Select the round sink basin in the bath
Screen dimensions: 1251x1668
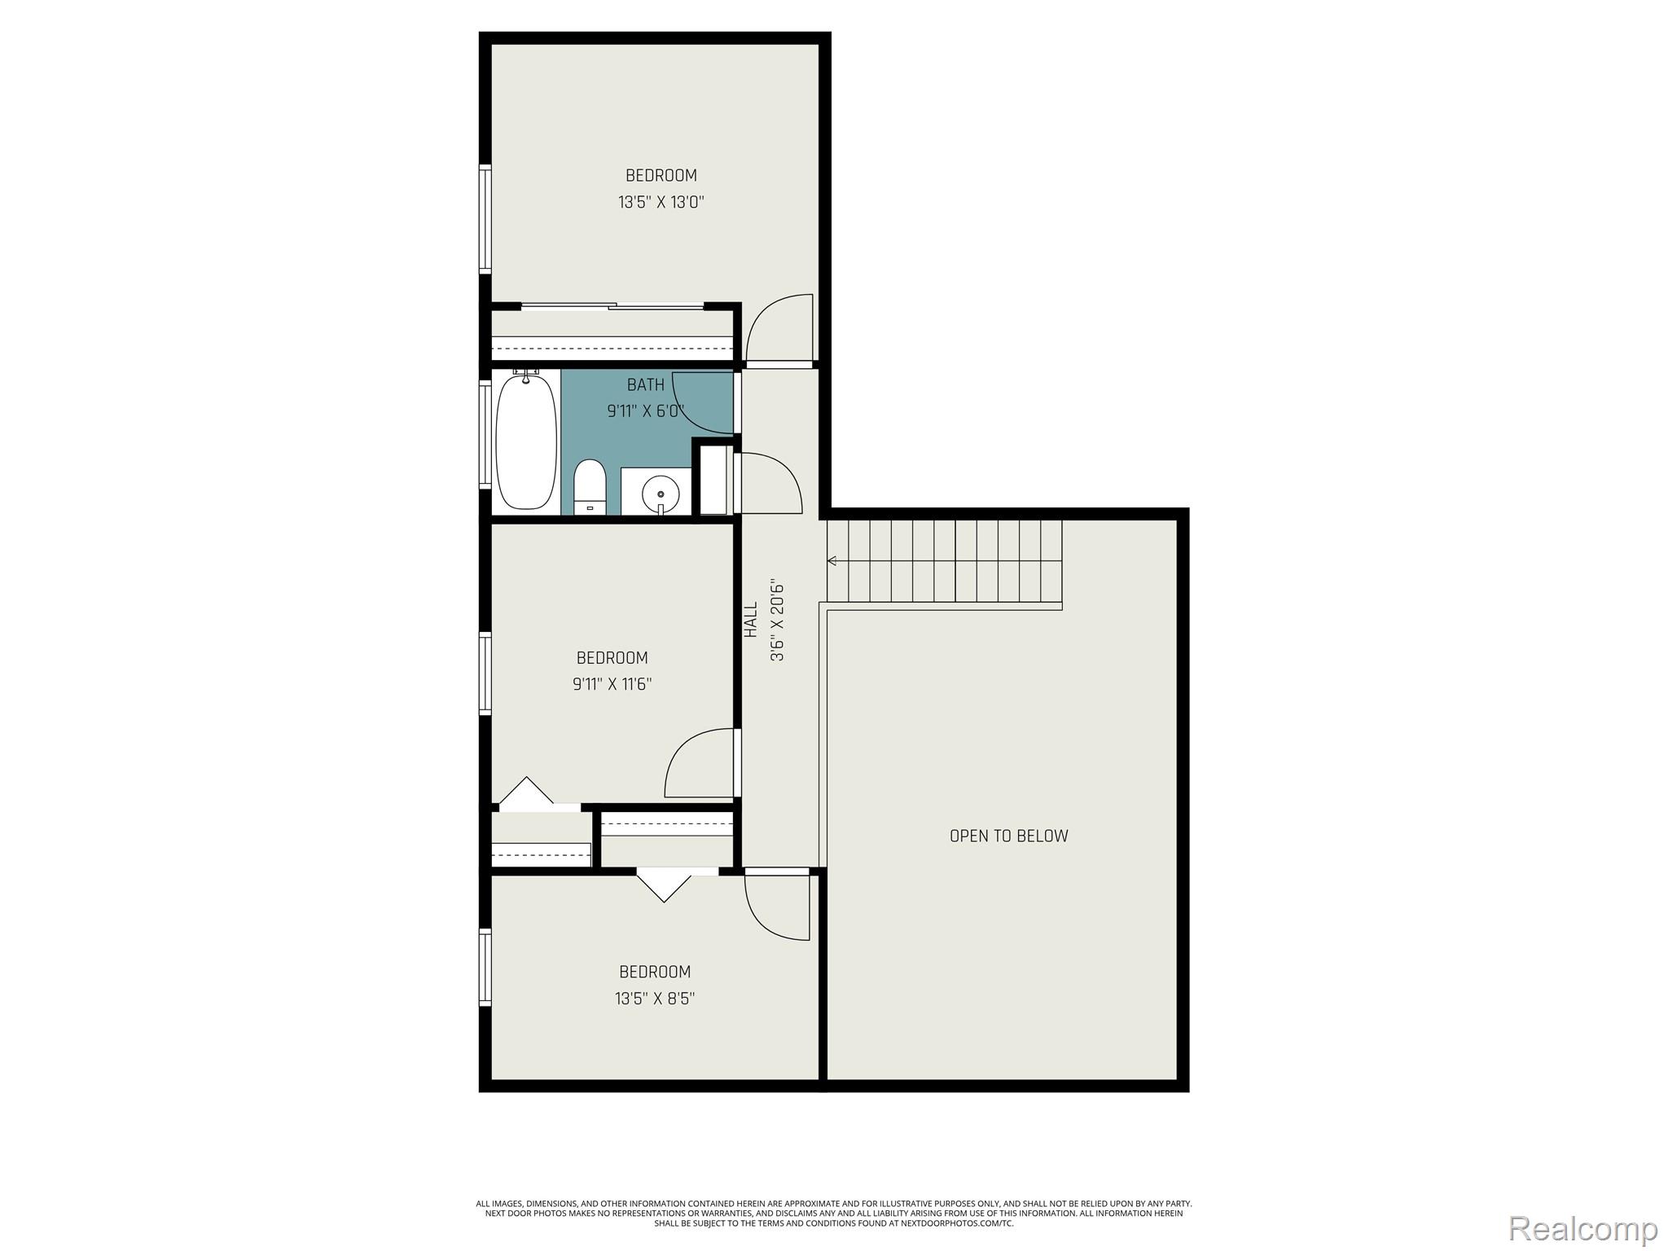click(x=659, y=492)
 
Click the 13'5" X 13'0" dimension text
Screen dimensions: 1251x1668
click(x=661, y=202)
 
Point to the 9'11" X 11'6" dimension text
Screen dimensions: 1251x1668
click(x=612, y=684)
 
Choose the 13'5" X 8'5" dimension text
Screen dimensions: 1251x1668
click(x=655, y=999)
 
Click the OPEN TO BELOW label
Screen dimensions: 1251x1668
click(x=1008, y=836)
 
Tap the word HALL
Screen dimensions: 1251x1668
click(x=751, y=620)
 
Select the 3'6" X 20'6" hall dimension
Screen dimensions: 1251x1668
click(x=777, y=621)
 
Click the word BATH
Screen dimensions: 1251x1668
click(x=645, y=384)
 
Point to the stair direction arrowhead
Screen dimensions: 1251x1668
click(x=832, y=560)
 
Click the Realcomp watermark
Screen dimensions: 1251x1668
click(x=1582, y=1228)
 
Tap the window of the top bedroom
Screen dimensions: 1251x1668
click(x=485, y=218)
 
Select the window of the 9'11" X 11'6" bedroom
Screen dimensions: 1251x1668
click(x=485, y=674)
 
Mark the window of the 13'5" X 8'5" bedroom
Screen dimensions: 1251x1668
click(x=485, y=967)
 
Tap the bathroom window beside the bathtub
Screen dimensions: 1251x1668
click(x=485, y=435)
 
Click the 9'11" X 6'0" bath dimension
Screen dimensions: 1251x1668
click(x=644, y=411)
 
